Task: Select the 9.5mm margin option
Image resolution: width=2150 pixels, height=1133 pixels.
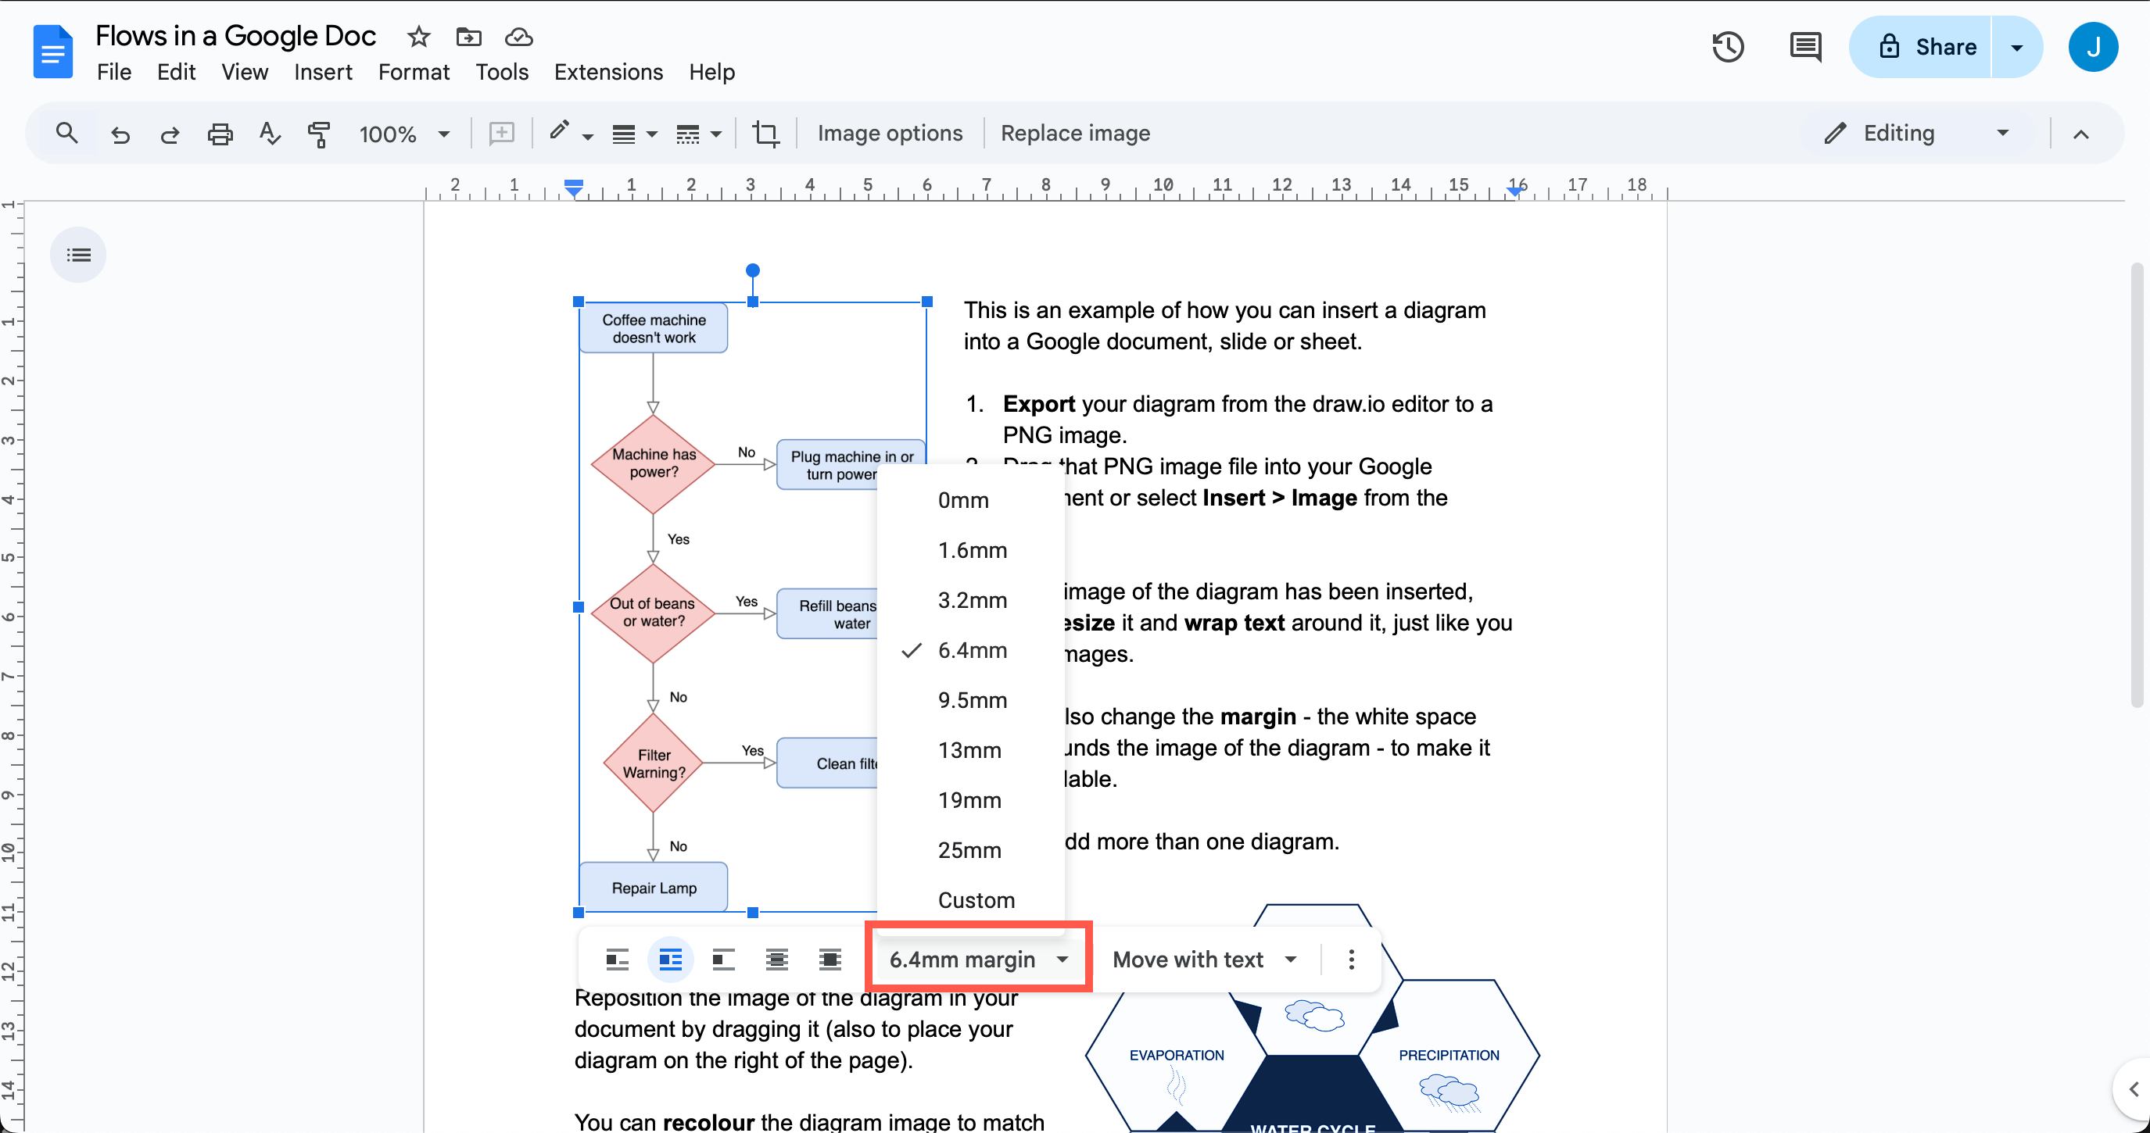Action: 973,700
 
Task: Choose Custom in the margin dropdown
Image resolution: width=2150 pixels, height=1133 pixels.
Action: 976,900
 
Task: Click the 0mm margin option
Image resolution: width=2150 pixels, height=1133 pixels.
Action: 963,500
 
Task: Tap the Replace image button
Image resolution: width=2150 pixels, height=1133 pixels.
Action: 1075,134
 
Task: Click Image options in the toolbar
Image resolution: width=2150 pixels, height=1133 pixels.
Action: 890,134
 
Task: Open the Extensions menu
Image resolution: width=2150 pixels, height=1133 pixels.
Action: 608,73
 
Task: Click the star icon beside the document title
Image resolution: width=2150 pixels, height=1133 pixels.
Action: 419,37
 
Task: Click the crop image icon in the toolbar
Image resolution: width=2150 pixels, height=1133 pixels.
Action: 765,134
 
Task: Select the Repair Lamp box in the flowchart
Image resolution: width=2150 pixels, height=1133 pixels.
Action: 654,888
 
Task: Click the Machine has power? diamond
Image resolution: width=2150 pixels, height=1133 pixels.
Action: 654,464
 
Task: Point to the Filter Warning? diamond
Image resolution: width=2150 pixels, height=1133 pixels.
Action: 654,763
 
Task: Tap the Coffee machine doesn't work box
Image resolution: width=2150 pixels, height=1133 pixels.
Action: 654,329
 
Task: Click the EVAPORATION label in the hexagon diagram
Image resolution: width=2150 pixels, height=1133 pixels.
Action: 1176,1056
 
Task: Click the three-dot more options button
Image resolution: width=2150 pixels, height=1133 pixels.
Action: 1351,960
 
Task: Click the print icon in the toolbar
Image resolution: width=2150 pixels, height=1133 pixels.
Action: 220,134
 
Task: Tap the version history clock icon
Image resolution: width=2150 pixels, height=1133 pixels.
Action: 1728,47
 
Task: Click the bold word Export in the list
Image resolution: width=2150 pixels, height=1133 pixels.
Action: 1038,404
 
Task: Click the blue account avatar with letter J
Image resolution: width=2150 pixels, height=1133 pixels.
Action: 2092,47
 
